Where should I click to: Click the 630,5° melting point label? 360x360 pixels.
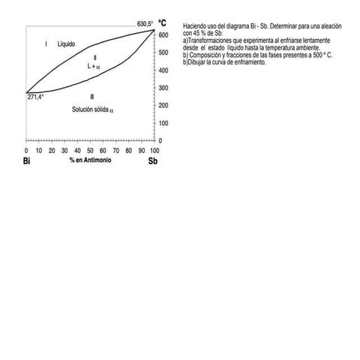[x=145, y=24]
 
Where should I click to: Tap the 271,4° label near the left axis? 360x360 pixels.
[x=36, y=97]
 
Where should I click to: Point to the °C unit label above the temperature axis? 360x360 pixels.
[x=162, y=23]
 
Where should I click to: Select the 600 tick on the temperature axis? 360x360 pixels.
[x=163, y=35]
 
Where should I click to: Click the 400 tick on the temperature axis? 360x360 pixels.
[x=163, y=70]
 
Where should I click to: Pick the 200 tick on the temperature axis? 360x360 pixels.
[x=163, y=106]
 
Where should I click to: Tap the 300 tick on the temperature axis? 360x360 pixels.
[x=163, y=88]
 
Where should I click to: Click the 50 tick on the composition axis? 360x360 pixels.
[x=90, y=151]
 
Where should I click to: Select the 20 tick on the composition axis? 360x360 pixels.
[x=52, y=151]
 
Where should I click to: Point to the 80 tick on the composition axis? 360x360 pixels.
[x=128, y=151]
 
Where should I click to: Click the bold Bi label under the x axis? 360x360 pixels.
[x=27, y=161]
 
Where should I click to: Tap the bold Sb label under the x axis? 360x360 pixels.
[x=153, y=161]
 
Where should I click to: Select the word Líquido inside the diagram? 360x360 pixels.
[x=67, y=44]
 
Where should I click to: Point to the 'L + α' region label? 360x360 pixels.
[x=94, y=67]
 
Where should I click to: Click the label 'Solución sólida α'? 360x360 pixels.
[x=92, y=109]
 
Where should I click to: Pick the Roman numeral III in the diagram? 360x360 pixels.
[x=91, y=97]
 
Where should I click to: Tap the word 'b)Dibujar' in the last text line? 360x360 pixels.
[x=195, y=62]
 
